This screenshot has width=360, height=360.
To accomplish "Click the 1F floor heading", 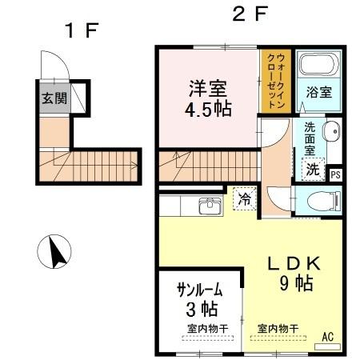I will tap(81, 31).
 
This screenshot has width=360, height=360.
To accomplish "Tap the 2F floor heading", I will tap(249, 14).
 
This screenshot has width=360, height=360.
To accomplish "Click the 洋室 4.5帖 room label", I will tap(210, 98).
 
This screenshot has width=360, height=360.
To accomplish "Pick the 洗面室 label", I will tap(310, 138).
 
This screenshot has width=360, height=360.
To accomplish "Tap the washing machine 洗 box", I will tap(313, 170).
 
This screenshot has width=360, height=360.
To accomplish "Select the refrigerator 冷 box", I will tap(243, 198).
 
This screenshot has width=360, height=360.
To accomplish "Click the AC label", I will tap(327, 337).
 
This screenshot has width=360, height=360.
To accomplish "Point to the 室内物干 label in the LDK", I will tap(278, 328).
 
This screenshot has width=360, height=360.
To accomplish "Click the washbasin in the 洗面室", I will tap(329, 133).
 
